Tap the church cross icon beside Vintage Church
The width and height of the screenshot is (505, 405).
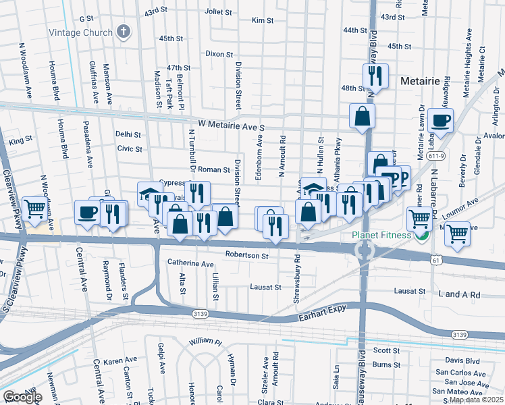click(123, 31)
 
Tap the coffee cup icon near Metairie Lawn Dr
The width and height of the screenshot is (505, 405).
click(440, 121)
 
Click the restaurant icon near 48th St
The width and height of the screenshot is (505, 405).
click(376, 76)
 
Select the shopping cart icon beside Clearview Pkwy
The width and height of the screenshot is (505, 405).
click(34, 209)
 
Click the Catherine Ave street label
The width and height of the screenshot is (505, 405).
click(190, 263)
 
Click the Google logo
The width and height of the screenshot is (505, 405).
click(22, 397)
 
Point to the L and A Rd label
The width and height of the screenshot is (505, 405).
click(458, 295)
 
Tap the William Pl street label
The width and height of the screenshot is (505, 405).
click(205, 342)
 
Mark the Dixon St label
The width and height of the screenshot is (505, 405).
click(219, 54)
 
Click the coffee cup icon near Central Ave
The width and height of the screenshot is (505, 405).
click(87, 212)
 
